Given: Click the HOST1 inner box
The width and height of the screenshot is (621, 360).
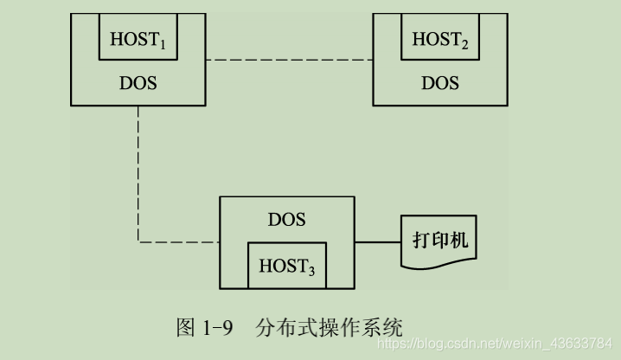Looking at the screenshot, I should (x=139, y=38).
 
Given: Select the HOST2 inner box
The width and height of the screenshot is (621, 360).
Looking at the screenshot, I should (x=440, y=38).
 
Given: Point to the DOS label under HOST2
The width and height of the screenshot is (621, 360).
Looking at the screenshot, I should (x=440, y=83).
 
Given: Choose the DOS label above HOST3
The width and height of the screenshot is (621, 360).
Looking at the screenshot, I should (x=286, y=219).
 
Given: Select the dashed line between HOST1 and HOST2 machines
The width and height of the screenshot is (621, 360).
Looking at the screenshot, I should (x=290, y=60).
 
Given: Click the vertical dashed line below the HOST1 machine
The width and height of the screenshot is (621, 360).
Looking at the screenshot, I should (x=138, y=173).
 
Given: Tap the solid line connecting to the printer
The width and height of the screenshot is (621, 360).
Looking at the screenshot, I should (x=378, y=242).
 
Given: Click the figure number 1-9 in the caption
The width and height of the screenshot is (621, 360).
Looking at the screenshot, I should (x=216, y=328).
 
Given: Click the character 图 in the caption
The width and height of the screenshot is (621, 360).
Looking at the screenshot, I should (x=185, y=328).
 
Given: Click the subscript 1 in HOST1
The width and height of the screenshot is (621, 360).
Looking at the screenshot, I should (x=174, y=44).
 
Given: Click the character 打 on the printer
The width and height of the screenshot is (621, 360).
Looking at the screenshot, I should (x=420, y=239).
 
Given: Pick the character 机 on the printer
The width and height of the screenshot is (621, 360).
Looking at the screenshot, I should (x=460, y=239).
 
